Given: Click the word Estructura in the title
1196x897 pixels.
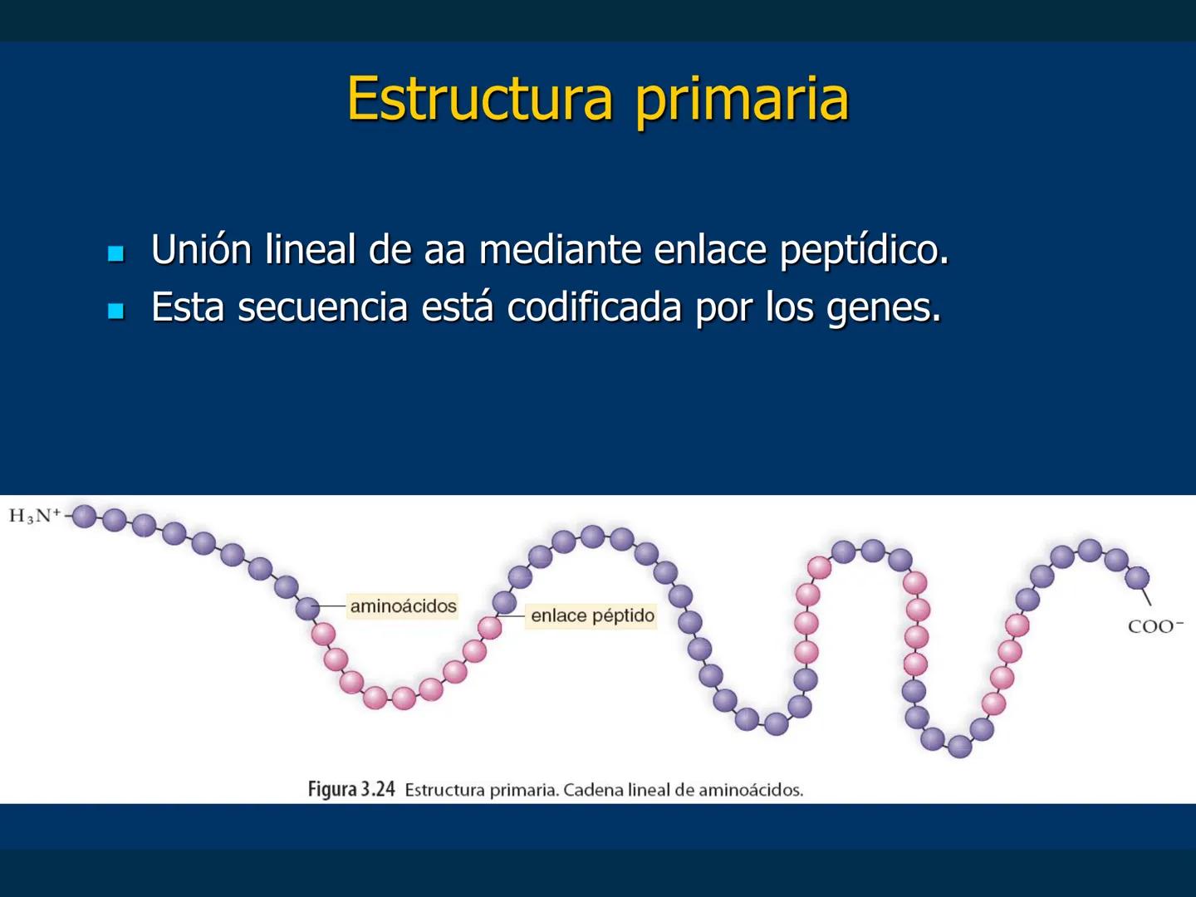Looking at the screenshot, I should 479,98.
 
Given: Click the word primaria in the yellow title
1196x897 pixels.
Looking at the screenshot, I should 742,100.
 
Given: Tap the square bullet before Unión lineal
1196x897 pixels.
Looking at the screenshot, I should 116,252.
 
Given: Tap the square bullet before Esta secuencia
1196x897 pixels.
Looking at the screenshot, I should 116,311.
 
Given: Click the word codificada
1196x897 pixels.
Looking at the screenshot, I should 596,307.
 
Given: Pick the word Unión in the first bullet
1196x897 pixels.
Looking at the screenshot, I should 201,249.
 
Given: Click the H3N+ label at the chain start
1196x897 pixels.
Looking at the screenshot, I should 34,516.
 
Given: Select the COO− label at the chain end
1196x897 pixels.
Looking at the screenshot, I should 1154,626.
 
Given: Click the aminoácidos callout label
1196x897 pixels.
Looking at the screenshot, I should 403,606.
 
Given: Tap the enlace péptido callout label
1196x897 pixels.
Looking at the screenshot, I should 592,616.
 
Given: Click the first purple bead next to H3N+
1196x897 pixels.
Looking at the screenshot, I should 84,516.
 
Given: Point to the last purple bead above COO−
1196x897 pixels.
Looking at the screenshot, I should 1137,577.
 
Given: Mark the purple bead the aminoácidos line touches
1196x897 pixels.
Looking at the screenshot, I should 307,608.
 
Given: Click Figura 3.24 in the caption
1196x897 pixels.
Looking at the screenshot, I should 351,789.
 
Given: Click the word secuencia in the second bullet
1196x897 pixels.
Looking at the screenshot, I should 322,307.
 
